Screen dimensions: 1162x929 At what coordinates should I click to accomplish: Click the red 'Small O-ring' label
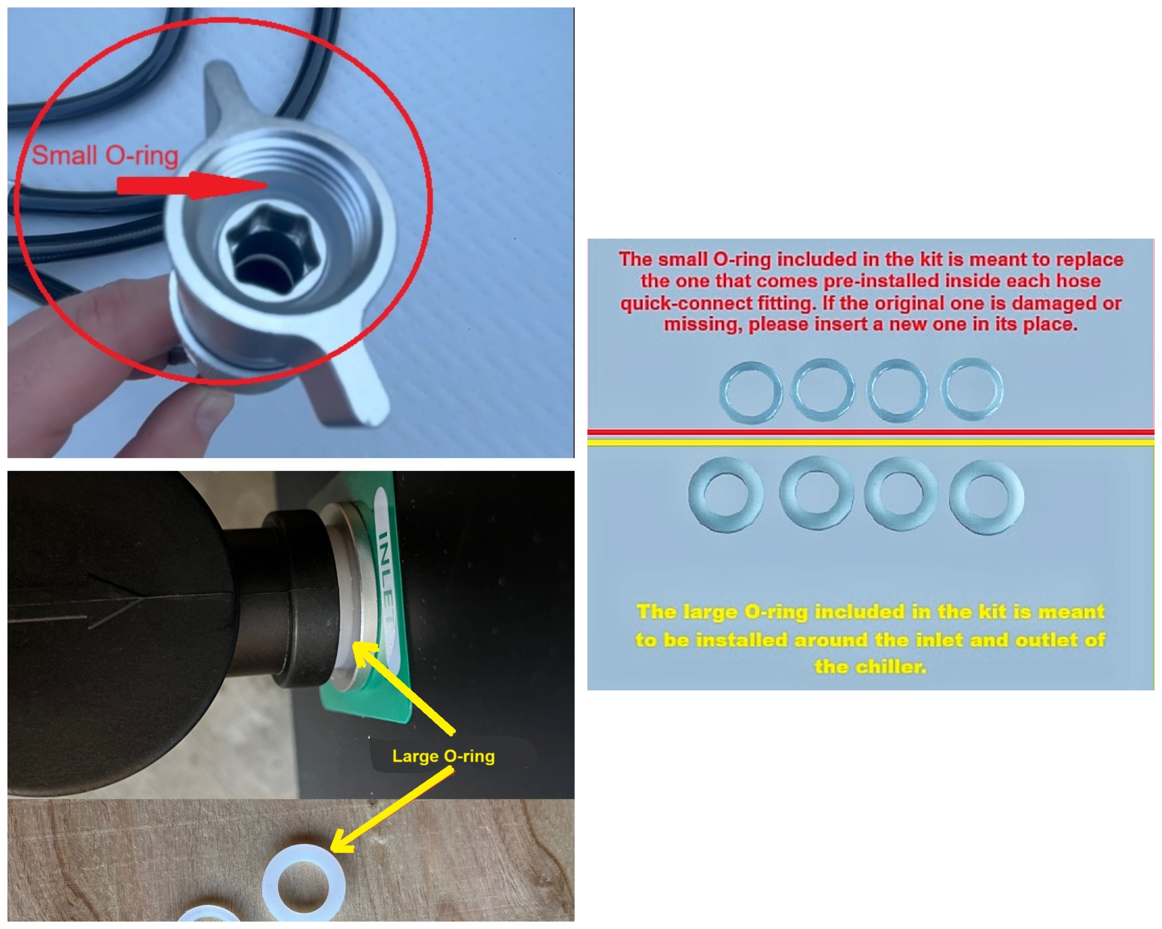click(105, 156)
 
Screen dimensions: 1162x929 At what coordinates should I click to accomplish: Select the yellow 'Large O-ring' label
click(443, 756)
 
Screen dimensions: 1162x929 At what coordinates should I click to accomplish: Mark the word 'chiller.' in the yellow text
click(870, 667)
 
